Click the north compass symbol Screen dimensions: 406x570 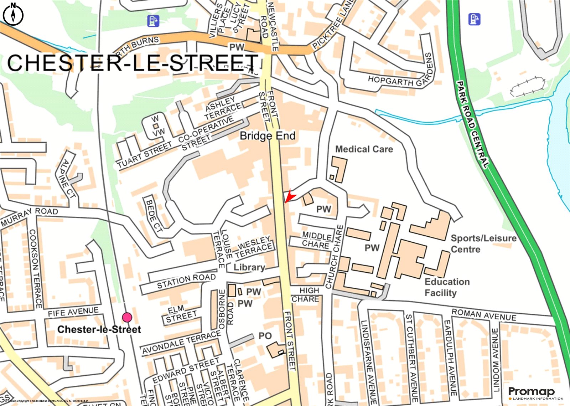coord(13,15)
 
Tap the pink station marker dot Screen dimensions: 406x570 coord(127,317)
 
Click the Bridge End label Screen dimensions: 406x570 coord(267,136)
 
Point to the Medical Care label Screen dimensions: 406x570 coord(364,149)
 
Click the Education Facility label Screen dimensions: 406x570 coord(447,287)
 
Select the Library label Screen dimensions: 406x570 coord(249,267)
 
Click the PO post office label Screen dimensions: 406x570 coord(265,336)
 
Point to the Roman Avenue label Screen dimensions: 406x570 coord(483,315)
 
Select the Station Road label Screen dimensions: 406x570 coord(186,281)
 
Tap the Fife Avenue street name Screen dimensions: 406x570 coord(73,312)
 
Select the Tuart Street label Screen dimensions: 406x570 coord(144,155)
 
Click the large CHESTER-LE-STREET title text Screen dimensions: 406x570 coord(133,63)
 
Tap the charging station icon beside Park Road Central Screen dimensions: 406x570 coord(474,19)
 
